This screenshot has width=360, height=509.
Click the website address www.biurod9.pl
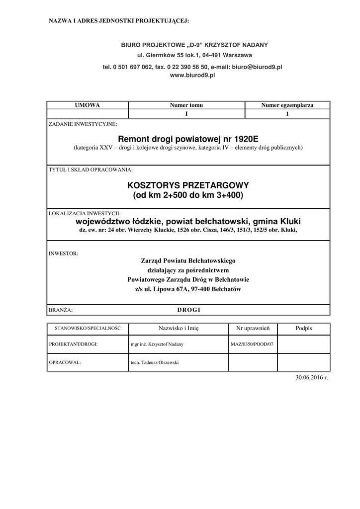[192, 75]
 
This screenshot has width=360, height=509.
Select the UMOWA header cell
[87, 105]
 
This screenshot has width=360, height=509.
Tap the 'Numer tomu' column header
[186, 105]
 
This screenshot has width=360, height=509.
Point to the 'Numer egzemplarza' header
[287, 105]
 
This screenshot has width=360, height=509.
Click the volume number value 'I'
[186, 114]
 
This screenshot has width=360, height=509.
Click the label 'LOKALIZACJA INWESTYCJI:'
[85, 213]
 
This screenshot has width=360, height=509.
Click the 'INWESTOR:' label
[63, 253]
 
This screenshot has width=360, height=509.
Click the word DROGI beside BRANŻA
[188, 310]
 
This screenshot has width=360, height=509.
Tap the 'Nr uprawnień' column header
[253, 329]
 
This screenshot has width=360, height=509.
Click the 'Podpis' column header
[303, 329]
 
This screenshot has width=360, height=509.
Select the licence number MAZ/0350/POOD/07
[252, 344]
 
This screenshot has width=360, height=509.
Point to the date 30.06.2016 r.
[312, 377]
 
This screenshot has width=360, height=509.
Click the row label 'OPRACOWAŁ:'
[65, 362]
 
